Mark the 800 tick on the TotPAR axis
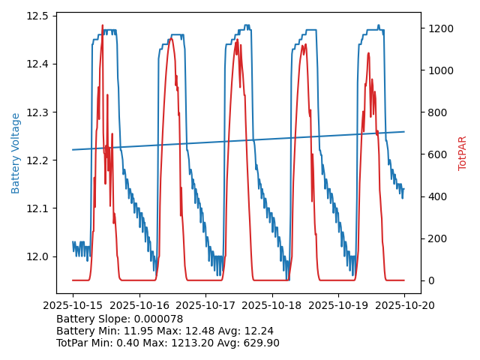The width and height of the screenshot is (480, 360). pos(436,112)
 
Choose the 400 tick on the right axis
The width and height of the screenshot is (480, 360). pos(436,196)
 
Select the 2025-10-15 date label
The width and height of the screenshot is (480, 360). pos(73,305)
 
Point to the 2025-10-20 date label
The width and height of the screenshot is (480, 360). pos(404,305)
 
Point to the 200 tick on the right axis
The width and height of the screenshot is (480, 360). pos(436,238)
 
